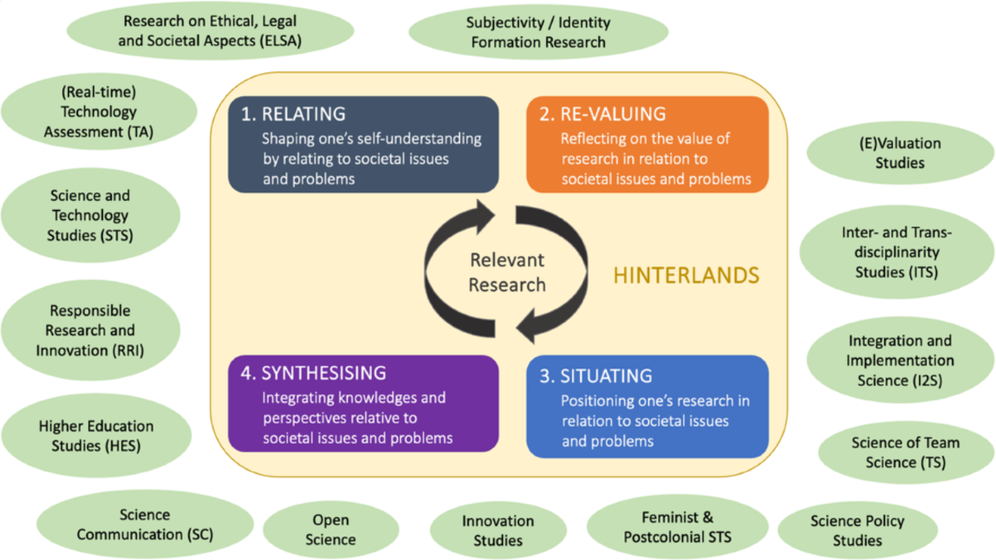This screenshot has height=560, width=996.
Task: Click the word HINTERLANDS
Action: (686, 275)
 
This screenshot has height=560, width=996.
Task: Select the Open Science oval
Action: (330, 529)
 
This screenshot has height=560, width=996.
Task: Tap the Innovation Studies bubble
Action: (498, 530)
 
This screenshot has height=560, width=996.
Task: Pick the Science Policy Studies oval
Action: (857, 530)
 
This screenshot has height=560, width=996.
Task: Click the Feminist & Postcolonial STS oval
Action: (677, 527)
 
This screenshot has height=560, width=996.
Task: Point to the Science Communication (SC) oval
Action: (145, 524)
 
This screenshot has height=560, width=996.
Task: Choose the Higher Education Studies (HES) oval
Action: (96, 436)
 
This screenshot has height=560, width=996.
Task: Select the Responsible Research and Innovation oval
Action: (90, 330)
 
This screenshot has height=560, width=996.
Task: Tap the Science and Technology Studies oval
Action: (90, 215)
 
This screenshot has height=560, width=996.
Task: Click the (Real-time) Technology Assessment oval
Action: (99, 111)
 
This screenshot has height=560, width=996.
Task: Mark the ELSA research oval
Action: (210, 31)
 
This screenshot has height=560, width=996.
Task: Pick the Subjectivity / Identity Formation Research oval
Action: (538, 32)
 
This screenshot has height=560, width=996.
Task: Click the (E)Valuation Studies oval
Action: (900, 153)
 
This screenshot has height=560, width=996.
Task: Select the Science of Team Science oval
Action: (906, 452)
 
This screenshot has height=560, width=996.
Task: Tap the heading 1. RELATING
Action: (293, 114)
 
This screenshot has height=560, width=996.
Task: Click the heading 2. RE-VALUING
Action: (603, 114)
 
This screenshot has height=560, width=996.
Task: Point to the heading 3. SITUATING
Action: (596, 376)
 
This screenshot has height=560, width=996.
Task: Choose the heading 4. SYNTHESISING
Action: (313, 373)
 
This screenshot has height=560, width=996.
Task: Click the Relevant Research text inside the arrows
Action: (507, 272)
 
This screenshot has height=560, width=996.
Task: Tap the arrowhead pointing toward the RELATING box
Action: (485, 217)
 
